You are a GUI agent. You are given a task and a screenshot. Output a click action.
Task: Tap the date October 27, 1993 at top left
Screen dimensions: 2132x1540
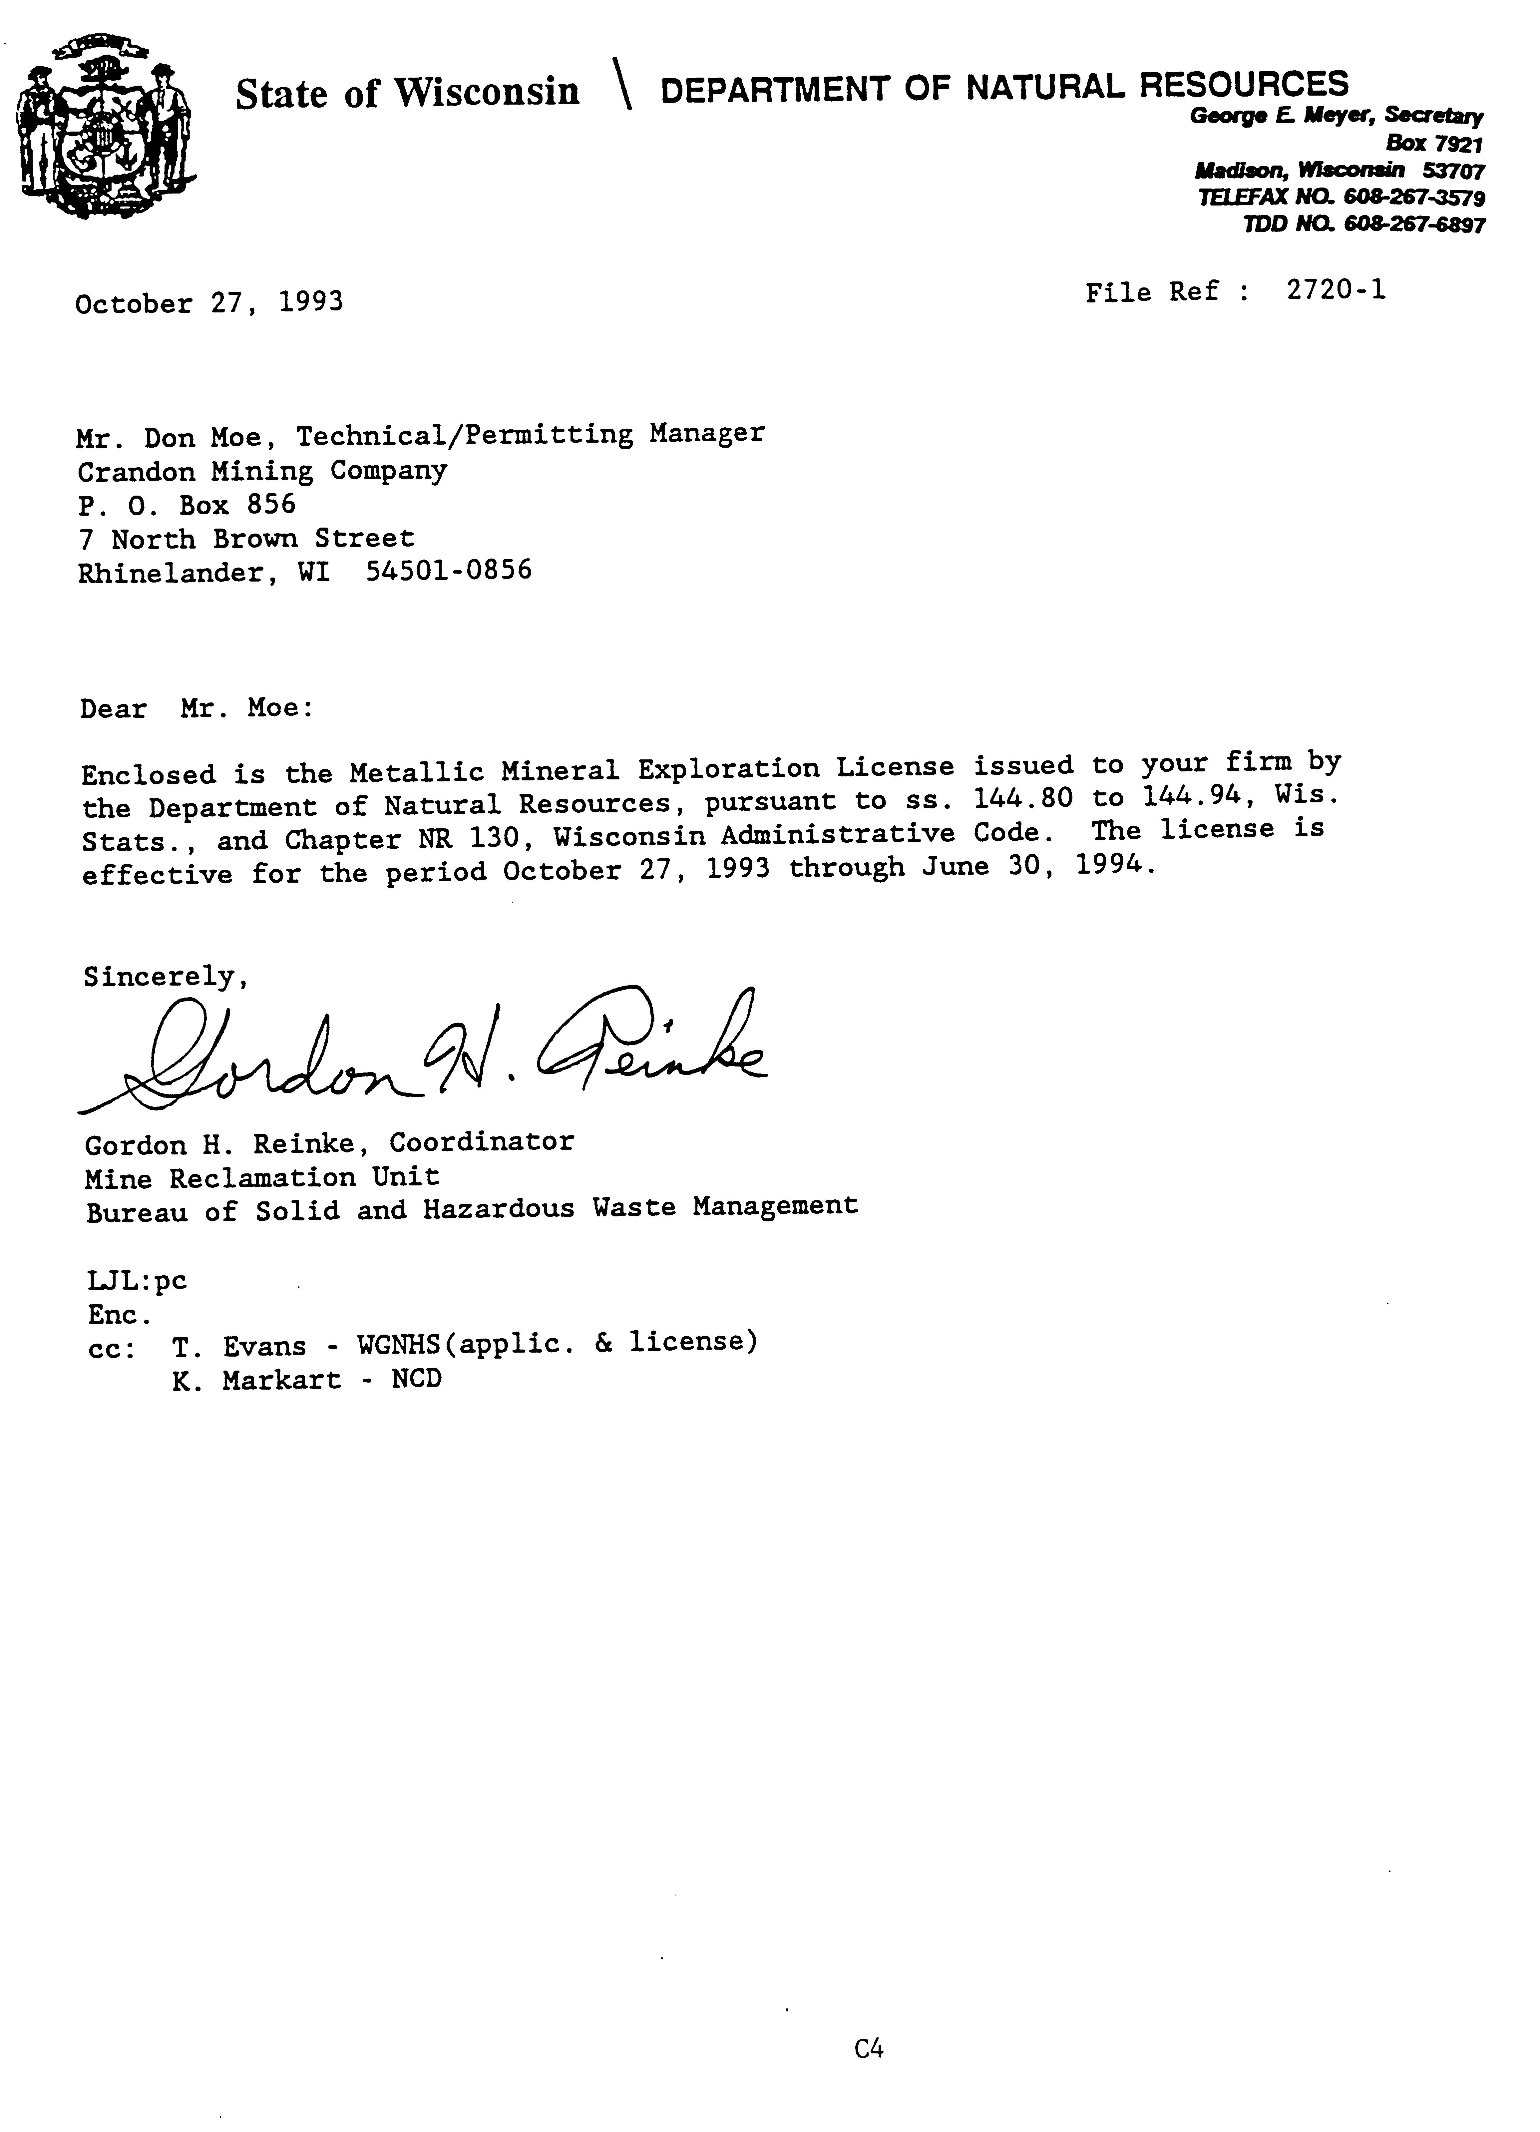(209, 303)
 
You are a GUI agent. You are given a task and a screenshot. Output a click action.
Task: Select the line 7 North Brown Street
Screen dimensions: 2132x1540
(246, 539)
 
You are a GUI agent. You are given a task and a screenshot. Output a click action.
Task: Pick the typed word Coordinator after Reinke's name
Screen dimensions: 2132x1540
(481, 1142)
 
